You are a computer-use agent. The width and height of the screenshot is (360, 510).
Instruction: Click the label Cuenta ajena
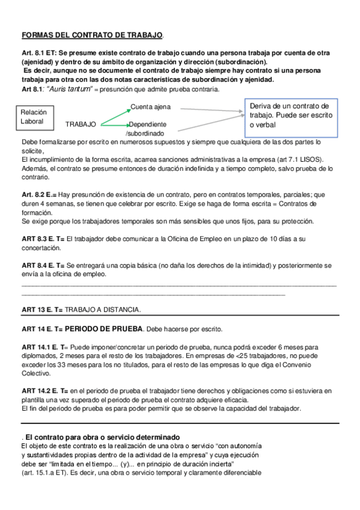click(150, 107)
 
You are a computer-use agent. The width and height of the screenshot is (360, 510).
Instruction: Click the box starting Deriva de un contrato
click(290, 115)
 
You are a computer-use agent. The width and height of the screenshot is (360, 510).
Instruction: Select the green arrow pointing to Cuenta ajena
click(114, 116)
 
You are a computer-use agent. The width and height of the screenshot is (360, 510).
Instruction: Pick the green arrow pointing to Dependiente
click(114, 124)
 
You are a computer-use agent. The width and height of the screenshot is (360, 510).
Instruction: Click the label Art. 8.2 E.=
click(39, 195)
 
